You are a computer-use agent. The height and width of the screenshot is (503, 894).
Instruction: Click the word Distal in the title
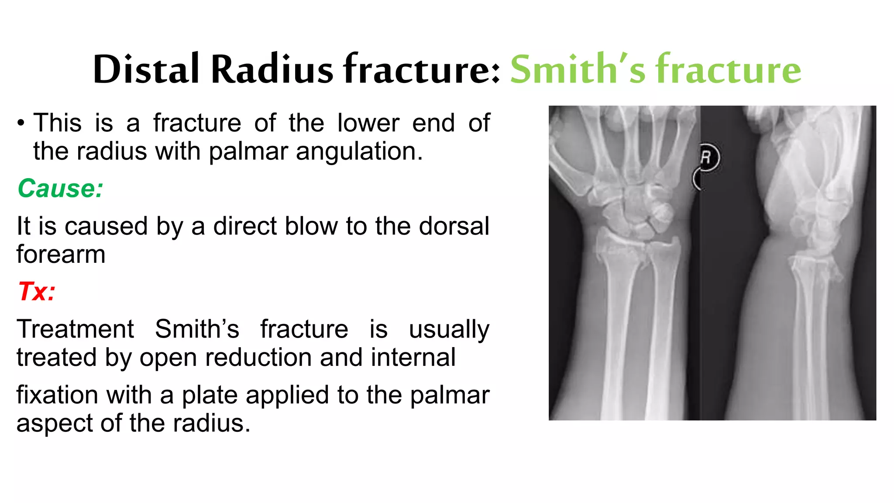(x=146, y=69)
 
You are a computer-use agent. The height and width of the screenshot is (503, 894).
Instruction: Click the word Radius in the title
(x=272, y=69)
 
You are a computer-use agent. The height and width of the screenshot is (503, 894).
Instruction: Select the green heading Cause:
(x=60, y=189)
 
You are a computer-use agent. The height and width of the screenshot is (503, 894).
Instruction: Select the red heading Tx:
(x=37, y=291)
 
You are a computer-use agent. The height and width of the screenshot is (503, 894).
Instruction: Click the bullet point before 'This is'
(x=21, y=124)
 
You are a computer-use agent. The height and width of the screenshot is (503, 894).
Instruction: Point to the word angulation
(x=359, y=152)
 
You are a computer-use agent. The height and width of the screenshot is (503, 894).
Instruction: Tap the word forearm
(x=61, y=254)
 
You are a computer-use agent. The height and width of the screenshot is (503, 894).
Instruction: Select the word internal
(x=413, y=357)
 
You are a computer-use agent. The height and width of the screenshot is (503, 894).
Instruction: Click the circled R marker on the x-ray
(x=707, y=157)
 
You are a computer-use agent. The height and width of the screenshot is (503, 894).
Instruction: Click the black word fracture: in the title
(x=422, y=69)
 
